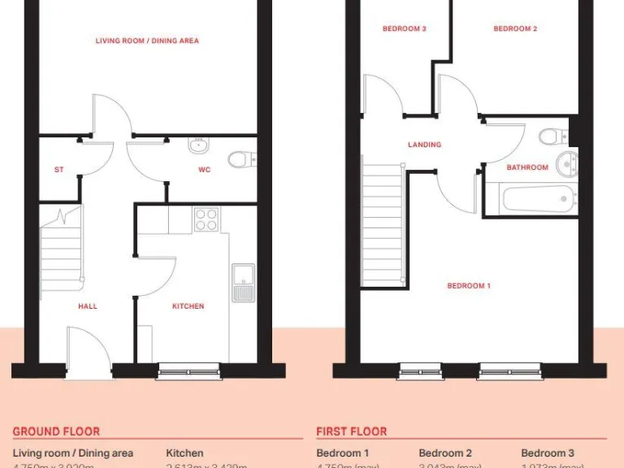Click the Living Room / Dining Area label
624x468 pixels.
[x=147, y=41]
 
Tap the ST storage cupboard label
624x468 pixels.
[x=58, y=170]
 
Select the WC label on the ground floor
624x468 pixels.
[x=205, y=170]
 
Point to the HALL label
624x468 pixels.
[x=88, y=306]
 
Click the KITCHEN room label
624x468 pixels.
[x=188, y=306]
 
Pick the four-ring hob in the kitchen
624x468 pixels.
[x=206, y=219]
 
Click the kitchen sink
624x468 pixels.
[x=243, y=282]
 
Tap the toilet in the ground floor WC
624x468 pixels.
[x=240, y=159]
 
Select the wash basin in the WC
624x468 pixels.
[x=199, y=146]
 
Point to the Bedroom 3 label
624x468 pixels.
[x=405, y=29]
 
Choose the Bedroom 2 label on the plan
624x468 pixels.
[x=515, y=29]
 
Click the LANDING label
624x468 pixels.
[x=424, y=145]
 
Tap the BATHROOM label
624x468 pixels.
[x=527, y=167]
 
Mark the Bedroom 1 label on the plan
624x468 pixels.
[x=469, y=285]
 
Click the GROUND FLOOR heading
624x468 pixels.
[x=56, y=431]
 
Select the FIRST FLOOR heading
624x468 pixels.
[x=351, y=431]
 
